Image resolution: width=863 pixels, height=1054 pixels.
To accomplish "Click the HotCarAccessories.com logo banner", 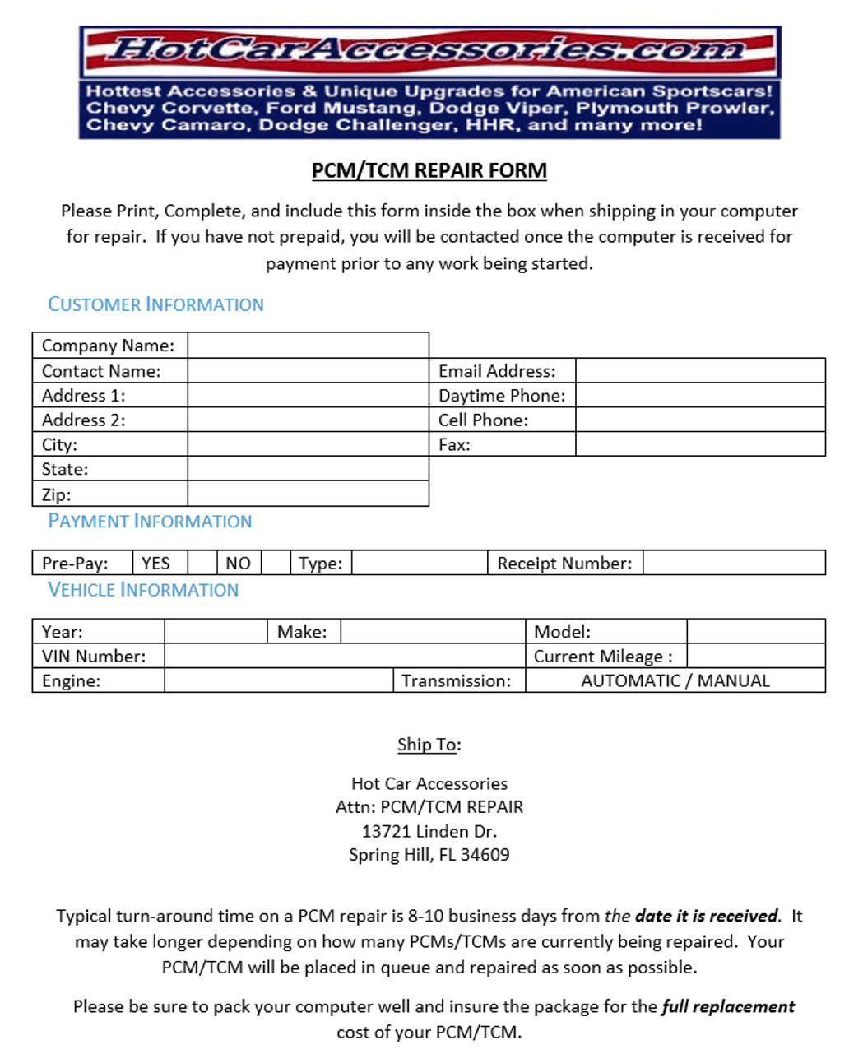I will [429, 51].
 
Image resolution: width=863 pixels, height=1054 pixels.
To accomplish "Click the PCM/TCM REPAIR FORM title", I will [429, 170].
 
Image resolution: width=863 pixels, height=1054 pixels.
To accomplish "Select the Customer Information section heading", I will [155, 304].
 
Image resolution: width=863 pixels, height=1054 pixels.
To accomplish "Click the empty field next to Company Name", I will [308, 346].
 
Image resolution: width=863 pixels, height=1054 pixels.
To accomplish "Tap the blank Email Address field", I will [699, 370].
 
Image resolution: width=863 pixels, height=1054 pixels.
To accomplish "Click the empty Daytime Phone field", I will [699, 395].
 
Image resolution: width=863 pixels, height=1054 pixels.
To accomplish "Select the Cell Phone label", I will [483, 420].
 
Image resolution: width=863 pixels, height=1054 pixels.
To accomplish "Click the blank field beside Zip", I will [308, 494].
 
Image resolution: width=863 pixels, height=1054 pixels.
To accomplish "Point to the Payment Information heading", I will [150, 521].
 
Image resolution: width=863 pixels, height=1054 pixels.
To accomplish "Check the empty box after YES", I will [202, 563].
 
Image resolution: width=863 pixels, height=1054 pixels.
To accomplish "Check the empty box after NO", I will [276, 563].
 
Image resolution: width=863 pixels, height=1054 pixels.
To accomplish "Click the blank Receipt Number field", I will [733, 563].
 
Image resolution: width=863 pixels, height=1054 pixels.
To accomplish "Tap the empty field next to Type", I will [419, 563].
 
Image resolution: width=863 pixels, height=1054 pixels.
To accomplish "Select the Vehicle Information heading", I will [143, 589].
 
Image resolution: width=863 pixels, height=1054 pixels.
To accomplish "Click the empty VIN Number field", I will [344, 656].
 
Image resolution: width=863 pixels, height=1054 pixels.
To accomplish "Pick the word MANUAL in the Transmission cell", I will [734, 680].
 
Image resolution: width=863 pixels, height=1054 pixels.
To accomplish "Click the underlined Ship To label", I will [428, 745].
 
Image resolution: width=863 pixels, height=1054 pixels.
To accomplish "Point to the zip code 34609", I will [485, 854].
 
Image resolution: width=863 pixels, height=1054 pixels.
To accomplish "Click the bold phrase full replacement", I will [727, 1006].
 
